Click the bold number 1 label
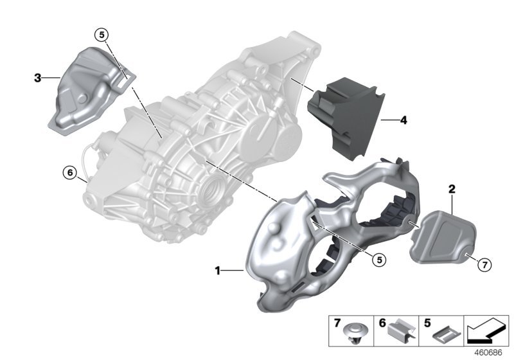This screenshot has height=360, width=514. tap(218, 271)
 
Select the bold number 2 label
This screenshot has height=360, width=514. tap(452, 189)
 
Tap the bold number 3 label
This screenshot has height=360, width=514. tap(37, 78)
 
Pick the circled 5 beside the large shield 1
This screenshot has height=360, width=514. tap(380, 259)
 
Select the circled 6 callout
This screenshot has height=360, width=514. tap(69, 172)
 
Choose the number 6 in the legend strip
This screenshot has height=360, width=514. tap(382, 320)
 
